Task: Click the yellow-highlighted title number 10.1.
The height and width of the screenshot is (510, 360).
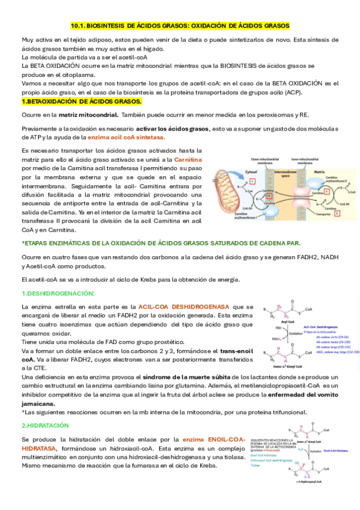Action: tap(80, 26)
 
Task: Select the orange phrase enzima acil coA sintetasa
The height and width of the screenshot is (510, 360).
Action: tap(126, 137)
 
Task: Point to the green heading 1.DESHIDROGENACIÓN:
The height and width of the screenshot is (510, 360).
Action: tap(58, 293)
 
